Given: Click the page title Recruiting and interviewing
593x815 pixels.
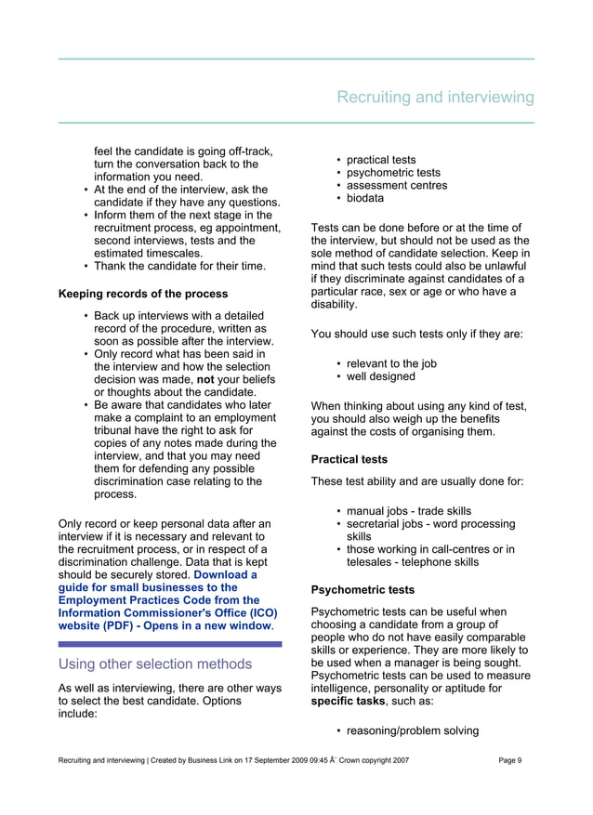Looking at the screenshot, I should coord(435,98).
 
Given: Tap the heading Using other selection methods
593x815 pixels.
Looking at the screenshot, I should coord(155,664).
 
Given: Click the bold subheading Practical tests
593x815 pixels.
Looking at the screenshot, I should coord(349,459).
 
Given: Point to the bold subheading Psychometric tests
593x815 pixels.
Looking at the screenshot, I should coord(362,589).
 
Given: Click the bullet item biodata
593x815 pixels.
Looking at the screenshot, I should coord(365,198).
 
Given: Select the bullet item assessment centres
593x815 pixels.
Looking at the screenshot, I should coord(397,185).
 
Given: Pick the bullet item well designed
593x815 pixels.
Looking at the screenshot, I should coord(381,376).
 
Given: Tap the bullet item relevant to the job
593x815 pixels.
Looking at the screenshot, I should coord(391,363).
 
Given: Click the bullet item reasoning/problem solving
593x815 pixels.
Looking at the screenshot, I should coord(412,730).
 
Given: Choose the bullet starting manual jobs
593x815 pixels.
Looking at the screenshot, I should coord(408,511).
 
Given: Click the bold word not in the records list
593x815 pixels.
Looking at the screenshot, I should coord(205,379).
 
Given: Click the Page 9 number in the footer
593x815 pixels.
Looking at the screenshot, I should coord(510,761).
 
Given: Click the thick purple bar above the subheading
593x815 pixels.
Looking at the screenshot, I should coord(170,643).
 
